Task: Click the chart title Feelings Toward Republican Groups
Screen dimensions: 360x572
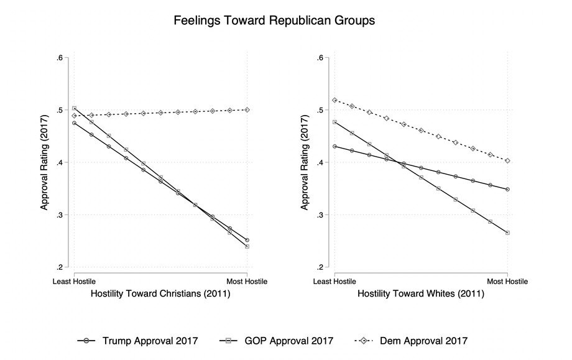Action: coord(274,21)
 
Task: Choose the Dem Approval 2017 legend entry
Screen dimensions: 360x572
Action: coord(410,340)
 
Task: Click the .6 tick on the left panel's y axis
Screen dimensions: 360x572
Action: coord(60,58)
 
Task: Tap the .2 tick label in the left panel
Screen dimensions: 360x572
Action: coord(60,267)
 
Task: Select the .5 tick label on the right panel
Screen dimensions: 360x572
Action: coord(321,110)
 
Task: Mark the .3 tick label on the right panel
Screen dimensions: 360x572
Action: coord(321,215)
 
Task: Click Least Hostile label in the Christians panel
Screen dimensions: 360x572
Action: coord(74,282)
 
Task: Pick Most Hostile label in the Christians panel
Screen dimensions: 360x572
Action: coord(247,282)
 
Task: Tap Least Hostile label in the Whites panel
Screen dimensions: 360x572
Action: coord(335,282)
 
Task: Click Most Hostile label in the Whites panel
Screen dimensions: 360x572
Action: coord(507,282)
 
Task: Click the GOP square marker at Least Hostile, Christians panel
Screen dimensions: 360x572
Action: coord(74,108)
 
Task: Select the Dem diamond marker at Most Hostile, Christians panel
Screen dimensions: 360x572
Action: coord(247,109)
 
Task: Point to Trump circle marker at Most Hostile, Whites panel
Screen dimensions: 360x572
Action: coord(507,189)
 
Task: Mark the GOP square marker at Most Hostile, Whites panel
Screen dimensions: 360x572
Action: coord(507,233)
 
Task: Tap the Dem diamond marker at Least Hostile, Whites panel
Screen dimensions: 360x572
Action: coord(335,100)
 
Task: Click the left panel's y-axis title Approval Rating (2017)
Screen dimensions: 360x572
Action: coord(45,162)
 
